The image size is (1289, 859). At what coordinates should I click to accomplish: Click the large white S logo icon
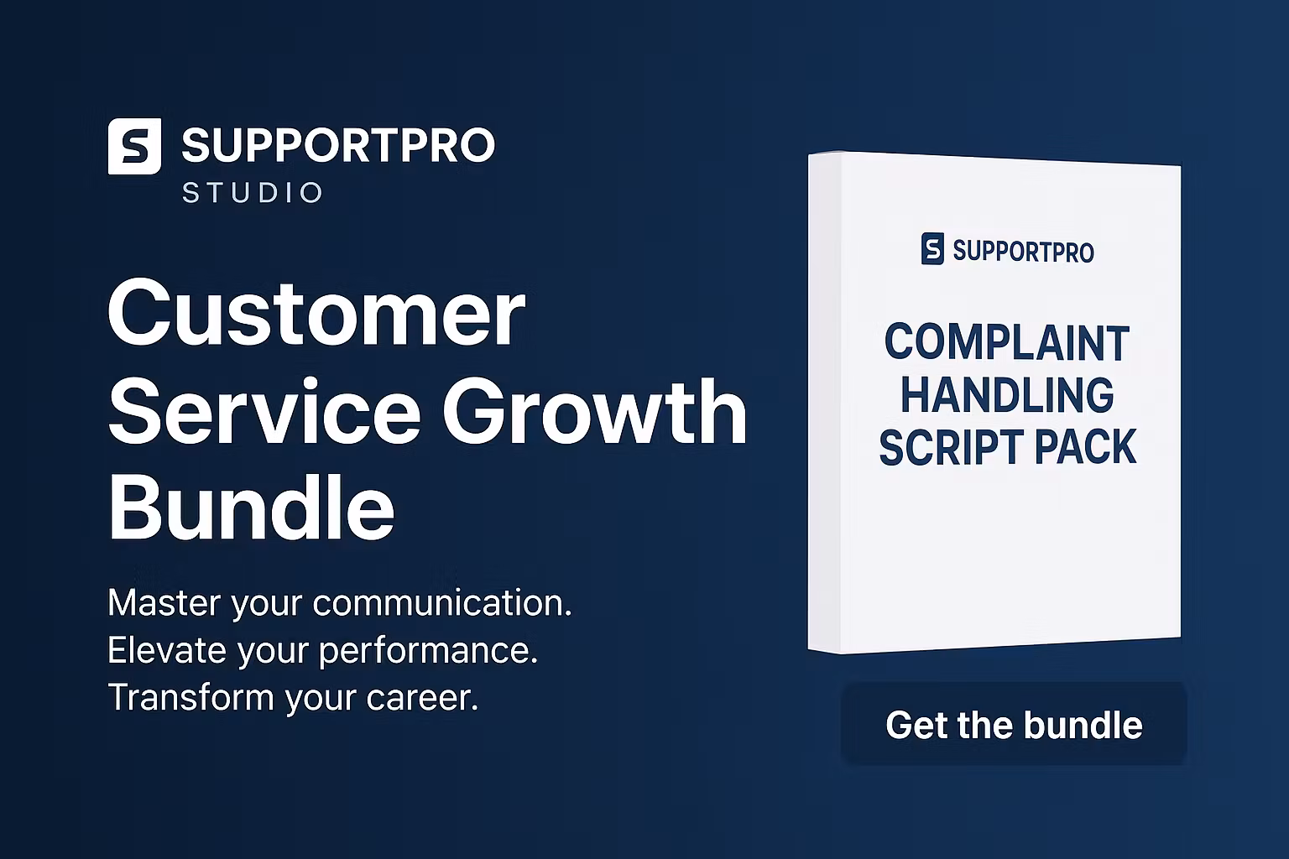[x=134, y=146]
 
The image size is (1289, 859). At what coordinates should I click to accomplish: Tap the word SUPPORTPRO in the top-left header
[x=337, y=146]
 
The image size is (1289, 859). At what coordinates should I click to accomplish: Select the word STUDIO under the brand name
[x=253, y=193]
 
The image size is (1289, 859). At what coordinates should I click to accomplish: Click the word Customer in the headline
[x=316, y=314]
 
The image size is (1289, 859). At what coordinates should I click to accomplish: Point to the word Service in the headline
[x=264, y=412]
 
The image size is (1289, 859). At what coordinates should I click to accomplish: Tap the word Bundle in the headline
[x=251, y=508]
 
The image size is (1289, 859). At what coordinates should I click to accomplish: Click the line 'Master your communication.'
[x=340, y=603]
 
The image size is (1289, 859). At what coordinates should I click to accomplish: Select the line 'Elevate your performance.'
[x=323, y=650]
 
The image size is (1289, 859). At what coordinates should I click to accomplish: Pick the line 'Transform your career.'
[x=293, y=697]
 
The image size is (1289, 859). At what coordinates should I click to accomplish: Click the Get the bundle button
[x=1014, y=725]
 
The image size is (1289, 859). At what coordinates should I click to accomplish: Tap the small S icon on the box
[x=932, y=249]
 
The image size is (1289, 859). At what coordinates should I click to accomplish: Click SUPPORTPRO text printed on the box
[x=1023, y=251]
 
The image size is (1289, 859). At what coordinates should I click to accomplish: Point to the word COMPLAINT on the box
[x=1007, y=343]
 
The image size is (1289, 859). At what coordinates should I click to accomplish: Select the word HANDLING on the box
[x=1007, y=395]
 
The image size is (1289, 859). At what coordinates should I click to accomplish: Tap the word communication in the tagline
[x=442, y=603]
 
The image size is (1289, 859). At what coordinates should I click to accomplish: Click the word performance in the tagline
[x=428, y=651]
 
